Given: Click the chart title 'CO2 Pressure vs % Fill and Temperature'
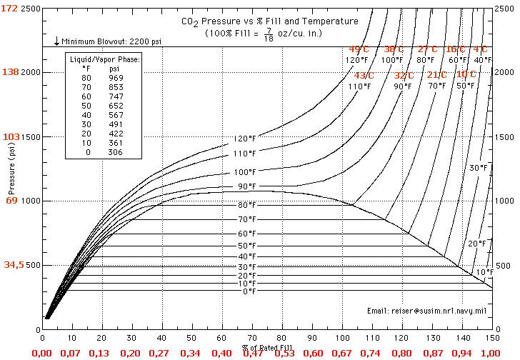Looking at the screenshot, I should tap(269, 22).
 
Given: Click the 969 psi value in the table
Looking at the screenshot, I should tap(116, 77).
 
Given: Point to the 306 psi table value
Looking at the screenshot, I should tap(116, 151).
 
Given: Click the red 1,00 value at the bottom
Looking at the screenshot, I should tap(489, 353).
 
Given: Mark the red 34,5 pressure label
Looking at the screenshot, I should tap(13, 264).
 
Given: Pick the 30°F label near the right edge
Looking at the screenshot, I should tap(479, 168).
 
